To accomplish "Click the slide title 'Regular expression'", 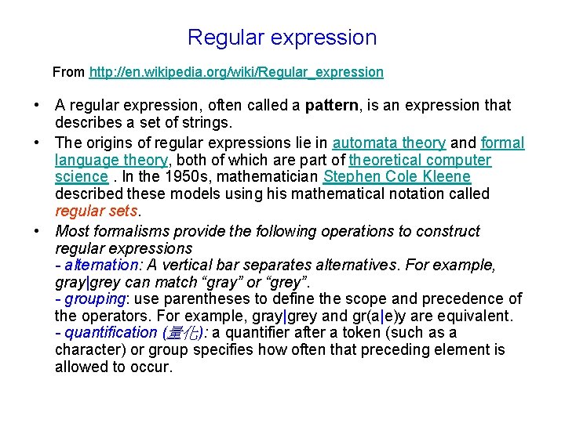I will [282, 38].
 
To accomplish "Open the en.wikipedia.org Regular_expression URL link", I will [236, 72].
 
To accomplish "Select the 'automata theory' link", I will [389, 143].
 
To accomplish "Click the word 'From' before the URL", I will [69, 72].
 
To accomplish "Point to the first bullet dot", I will [37, 106].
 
